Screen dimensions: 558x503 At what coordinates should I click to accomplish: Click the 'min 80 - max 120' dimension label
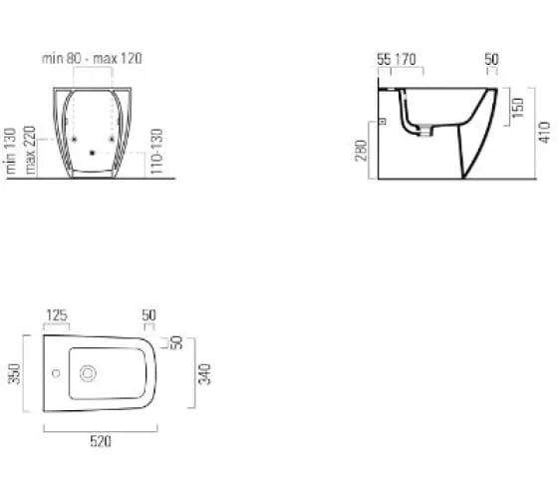pyautogui.click(x=92, y=59)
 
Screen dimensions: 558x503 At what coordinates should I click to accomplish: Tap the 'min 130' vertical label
pyautogui.click(x=10, y=151)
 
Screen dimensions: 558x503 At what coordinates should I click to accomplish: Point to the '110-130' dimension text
pyautogui.click(x=156, y=151)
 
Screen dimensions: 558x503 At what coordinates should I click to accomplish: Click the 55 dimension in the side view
pyautogui.click(x=384, y=60)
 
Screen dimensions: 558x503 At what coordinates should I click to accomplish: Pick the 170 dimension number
pyautogui.click(x=406, y=60)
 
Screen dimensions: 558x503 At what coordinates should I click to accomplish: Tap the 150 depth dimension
pyautogui.click(x=518, y=108)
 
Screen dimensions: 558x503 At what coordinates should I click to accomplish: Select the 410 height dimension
pyautogui.click(x=544, y=133)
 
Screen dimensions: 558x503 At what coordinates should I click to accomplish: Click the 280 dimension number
pyautogui.click(x=361, y=151)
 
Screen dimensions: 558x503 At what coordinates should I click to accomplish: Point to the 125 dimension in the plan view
pyautogui.click(x=57, y=315)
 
